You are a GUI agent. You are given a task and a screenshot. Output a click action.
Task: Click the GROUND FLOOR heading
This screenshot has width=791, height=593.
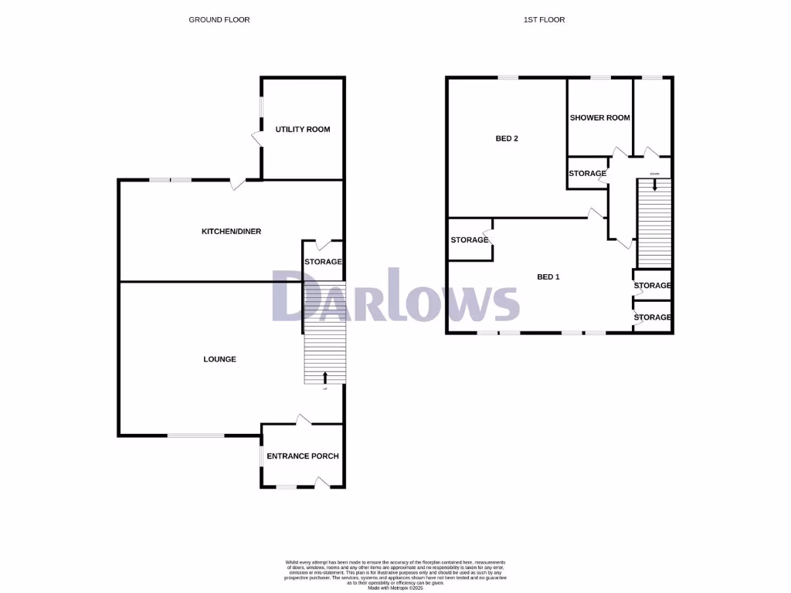point(219,19)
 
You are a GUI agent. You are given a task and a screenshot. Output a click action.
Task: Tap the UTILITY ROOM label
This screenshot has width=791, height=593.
point(303,129)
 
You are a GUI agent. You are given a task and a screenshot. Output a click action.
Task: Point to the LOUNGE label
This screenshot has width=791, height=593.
point(219,359)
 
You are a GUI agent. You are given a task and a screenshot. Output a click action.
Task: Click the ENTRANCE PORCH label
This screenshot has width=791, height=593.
point(303,456)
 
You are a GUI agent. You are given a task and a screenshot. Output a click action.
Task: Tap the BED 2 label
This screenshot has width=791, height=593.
point(507,139)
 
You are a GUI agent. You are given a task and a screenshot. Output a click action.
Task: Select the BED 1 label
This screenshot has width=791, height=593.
point(548,276)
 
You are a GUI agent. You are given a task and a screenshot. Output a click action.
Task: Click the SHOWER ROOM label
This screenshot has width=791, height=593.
point(599,118)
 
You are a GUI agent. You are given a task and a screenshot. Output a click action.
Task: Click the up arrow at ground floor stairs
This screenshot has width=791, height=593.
point(324,377)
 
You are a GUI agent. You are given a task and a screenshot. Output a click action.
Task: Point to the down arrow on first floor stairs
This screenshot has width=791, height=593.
point(655,185)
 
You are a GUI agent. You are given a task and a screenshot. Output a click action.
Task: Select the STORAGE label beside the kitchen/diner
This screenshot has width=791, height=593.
point(323,263)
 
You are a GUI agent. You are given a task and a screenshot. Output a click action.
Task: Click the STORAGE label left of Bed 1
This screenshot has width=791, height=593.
point(470,240)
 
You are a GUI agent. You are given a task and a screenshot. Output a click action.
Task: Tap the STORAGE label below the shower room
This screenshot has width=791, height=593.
point(587,174)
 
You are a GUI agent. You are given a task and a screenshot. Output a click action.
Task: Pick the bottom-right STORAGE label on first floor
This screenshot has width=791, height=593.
point(653,317)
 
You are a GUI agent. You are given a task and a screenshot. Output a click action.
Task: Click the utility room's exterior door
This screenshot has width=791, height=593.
point(256,139)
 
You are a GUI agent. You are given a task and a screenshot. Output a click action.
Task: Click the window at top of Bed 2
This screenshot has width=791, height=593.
point(508,77)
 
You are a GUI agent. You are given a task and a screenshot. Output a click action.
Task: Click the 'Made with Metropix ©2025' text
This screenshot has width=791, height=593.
point(395,588)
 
